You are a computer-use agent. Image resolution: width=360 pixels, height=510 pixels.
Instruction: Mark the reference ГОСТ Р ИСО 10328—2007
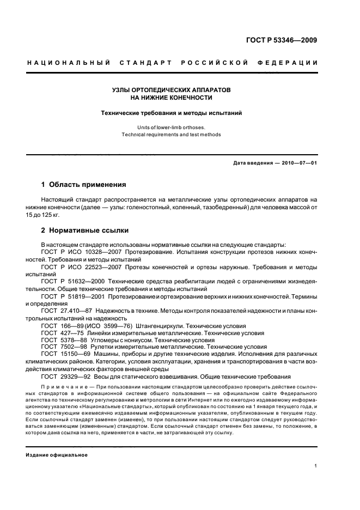click(80, 253)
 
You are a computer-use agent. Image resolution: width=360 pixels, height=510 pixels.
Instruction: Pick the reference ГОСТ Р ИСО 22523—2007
click(80, 267)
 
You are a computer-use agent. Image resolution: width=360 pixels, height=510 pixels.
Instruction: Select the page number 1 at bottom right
click(316, 466)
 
